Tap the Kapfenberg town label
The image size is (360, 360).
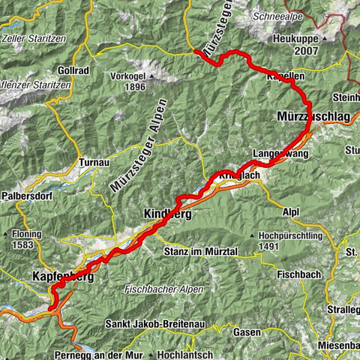pos(63,277)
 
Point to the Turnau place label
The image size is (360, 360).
pos(93,162)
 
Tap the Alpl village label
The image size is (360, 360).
pos(291,212)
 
